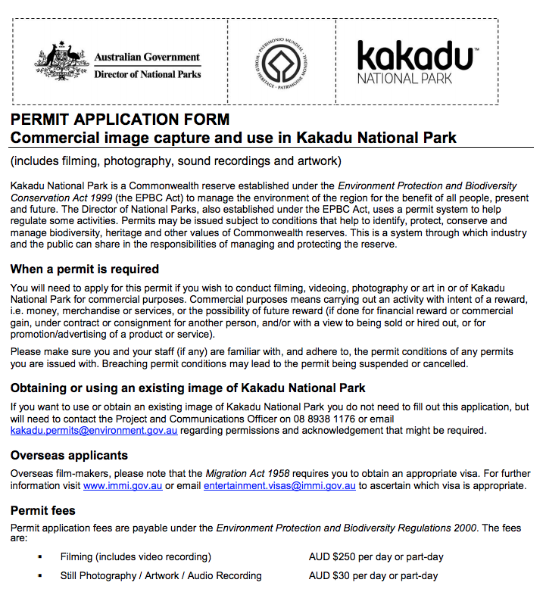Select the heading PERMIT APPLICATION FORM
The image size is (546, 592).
(120, 120)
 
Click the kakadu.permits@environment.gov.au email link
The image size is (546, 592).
(94, 430)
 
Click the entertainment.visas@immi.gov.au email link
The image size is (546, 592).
(279, 485)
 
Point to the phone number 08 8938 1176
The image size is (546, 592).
(337, 419)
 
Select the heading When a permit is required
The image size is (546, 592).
(85, 269)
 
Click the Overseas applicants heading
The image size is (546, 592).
(69, 455)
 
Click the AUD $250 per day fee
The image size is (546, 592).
(376, 556)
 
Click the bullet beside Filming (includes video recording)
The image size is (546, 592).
(39, 557)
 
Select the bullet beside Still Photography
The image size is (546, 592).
(39, 576)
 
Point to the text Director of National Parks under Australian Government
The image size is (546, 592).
(147, 74)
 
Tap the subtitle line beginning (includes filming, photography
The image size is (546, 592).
(176, 160)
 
